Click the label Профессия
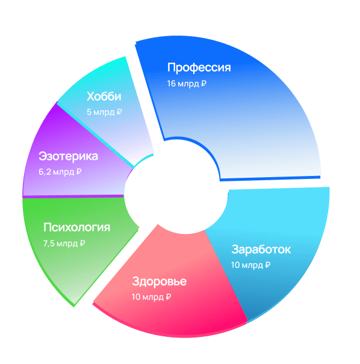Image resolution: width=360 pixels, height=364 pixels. pos(199,67)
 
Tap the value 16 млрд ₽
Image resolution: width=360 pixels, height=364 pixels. pos(187,84)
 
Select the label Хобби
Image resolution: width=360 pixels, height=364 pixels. pos(104,96)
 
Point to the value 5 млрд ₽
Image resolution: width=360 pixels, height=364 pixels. pos(104,112)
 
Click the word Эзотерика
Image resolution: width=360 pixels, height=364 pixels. pos(68,156)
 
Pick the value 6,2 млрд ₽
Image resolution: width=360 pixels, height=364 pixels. pos(60,172)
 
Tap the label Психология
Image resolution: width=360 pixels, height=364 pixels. pos(76,227)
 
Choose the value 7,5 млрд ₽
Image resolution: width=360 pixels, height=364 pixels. pos(64,243)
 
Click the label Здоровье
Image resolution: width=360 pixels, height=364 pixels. pos(159,281)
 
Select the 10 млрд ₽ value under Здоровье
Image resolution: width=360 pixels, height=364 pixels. pos(151,297)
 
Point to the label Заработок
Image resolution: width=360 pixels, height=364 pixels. pos(261,249)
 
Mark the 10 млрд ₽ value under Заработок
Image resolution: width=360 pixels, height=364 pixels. pos(250,265)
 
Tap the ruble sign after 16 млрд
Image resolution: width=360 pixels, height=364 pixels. pos(203,84)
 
